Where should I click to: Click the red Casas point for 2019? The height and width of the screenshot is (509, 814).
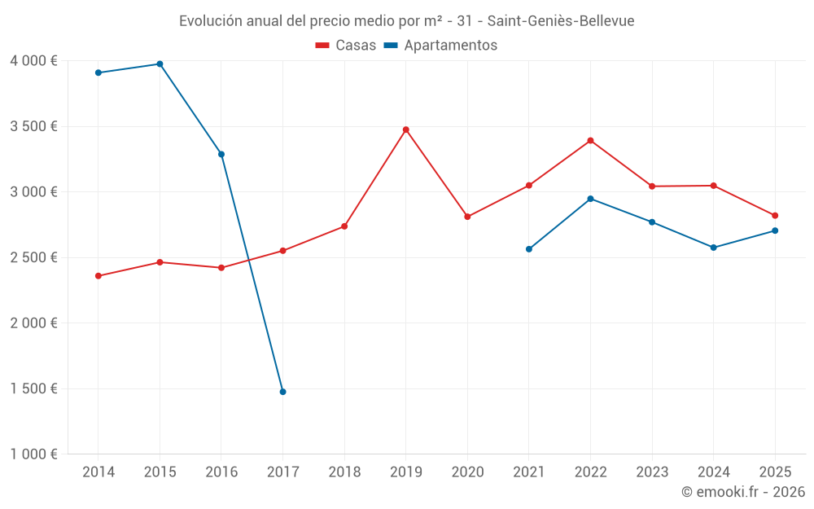[405, 129]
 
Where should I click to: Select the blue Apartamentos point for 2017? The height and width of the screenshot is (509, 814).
[282, 392]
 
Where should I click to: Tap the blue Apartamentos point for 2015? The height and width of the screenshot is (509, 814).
[160, 64]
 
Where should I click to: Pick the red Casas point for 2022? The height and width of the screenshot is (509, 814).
[590, 140]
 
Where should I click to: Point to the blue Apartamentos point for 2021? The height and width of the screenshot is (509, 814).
[529, 249]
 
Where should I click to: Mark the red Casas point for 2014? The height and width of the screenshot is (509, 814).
[98, 276]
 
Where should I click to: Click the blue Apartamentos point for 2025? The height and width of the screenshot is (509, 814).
[775, 230]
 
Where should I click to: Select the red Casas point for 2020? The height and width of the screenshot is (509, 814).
[467, 217]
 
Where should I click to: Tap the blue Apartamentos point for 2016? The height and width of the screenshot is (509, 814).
[221, 154]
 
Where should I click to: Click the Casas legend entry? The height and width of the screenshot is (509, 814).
[346, 46]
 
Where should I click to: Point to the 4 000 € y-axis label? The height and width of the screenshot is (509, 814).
[33, 61]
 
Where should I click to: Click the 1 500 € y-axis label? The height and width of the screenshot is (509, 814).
[33, 388]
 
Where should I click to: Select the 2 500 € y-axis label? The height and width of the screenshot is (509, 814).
[33, 257]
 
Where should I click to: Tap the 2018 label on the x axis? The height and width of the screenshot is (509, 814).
[344, 472]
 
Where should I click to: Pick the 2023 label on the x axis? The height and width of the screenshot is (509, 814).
[652, 472]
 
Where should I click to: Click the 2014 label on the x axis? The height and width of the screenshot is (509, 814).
[98, 472]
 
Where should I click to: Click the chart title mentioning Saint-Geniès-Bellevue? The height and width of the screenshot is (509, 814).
[406, 21]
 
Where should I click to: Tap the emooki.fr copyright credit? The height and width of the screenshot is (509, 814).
[742, 492]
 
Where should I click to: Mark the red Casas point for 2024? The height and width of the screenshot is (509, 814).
[713, 186]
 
